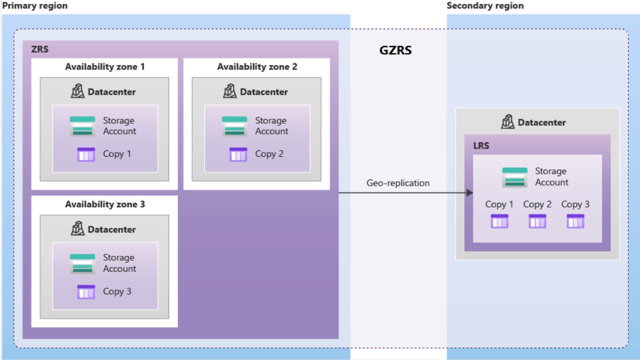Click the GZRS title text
click(395, 50)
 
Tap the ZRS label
click(40, 50)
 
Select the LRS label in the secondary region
click(481, 146)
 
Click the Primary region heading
click(35, 6)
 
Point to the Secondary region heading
click(485, 6)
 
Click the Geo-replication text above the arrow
click(397, 183)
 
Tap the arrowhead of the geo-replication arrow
click(469, 193)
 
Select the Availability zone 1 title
click(105, 67)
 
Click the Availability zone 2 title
click(257, 67)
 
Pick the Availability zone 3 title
click(105, 204)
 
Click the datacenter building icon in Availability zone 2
click(230, 91)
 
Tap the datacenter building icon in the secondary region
click(508, 122)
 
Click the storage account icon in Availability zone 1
click(82, 126)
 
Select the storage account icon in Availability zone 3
click(82, 263)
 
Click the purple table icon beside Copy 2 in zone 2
click(238, 154)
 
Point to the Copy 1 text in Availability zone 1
click(117, 154)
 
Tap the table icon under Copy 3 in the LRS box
click(575, 221)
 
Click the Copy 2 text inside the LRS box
click(537, 204)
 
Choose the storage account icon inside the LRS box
click(515, 177)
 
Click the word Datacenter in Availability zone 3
click(112, 230)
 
